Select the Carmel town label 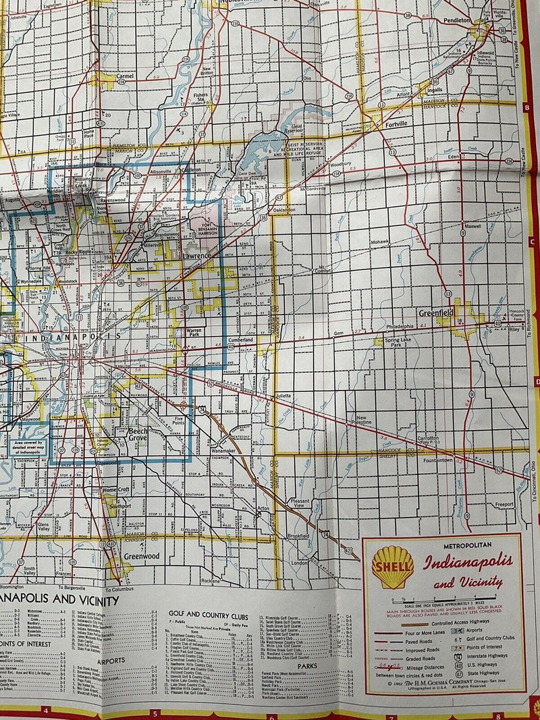tap(125, 76)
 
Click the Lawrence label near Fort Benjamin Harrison tap(196, 257)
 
